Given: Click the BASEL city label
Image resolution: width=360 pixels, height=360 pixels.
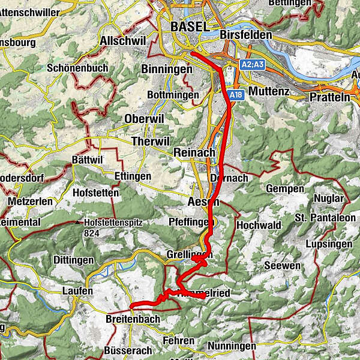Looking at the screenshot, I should pos(190,26).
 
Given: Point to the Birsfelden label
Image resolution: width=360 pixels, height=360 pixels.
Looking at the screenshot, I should pos(245,35).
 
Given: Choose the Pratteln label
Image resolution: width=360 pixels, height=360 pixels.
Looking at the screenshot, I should pos(330,97).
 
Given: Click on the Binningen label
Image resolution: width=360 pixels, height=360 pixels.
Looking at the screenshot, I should pos(166,70).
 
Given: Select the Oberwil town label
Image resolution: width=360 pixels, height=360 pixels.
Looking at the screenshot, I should pos(143,119).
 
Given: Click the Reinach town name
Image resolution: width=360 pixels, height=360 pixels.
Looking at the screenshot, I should pos(194,153).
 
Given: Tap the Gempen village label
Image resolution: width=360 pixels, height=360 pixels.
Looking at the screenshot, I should pos(287,189).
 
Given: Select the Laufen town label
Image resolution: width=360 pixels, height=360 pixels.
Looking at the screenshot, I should pos(77,291).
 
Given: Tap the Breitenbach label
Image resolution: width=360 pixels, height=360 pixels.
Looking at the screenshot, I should pos(132,319).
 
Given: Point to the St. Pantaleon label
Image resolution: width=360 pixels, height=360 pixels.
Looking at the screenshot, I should pos(325,217).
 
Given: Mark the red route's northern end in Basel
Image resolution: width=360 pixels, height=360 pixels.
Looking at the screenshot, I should pos(193,55).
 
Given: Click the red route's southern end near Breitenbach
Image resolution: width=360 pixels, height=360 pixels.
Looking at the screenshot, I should pos(131,307).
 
